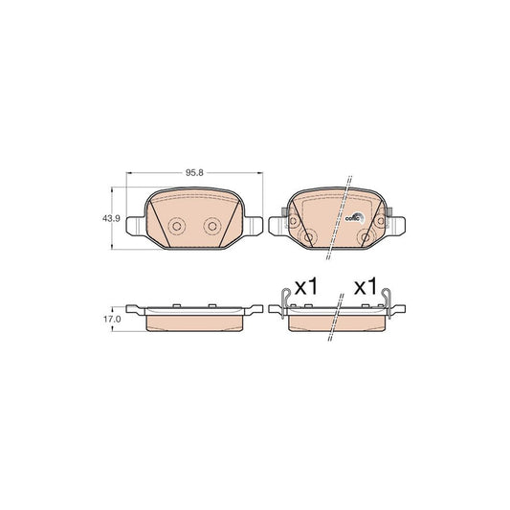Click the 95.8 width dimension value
194,172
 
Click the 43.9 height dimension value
110,219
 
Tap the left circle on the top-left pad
175,228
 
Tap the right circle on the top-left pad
212,228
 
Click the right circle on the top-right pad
366,237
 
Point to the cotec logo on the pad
353,217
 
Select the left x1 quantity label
304,286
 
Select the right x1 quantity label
365,286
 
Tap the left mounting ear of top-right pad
278,228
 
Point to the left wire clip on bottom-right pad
284,299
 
